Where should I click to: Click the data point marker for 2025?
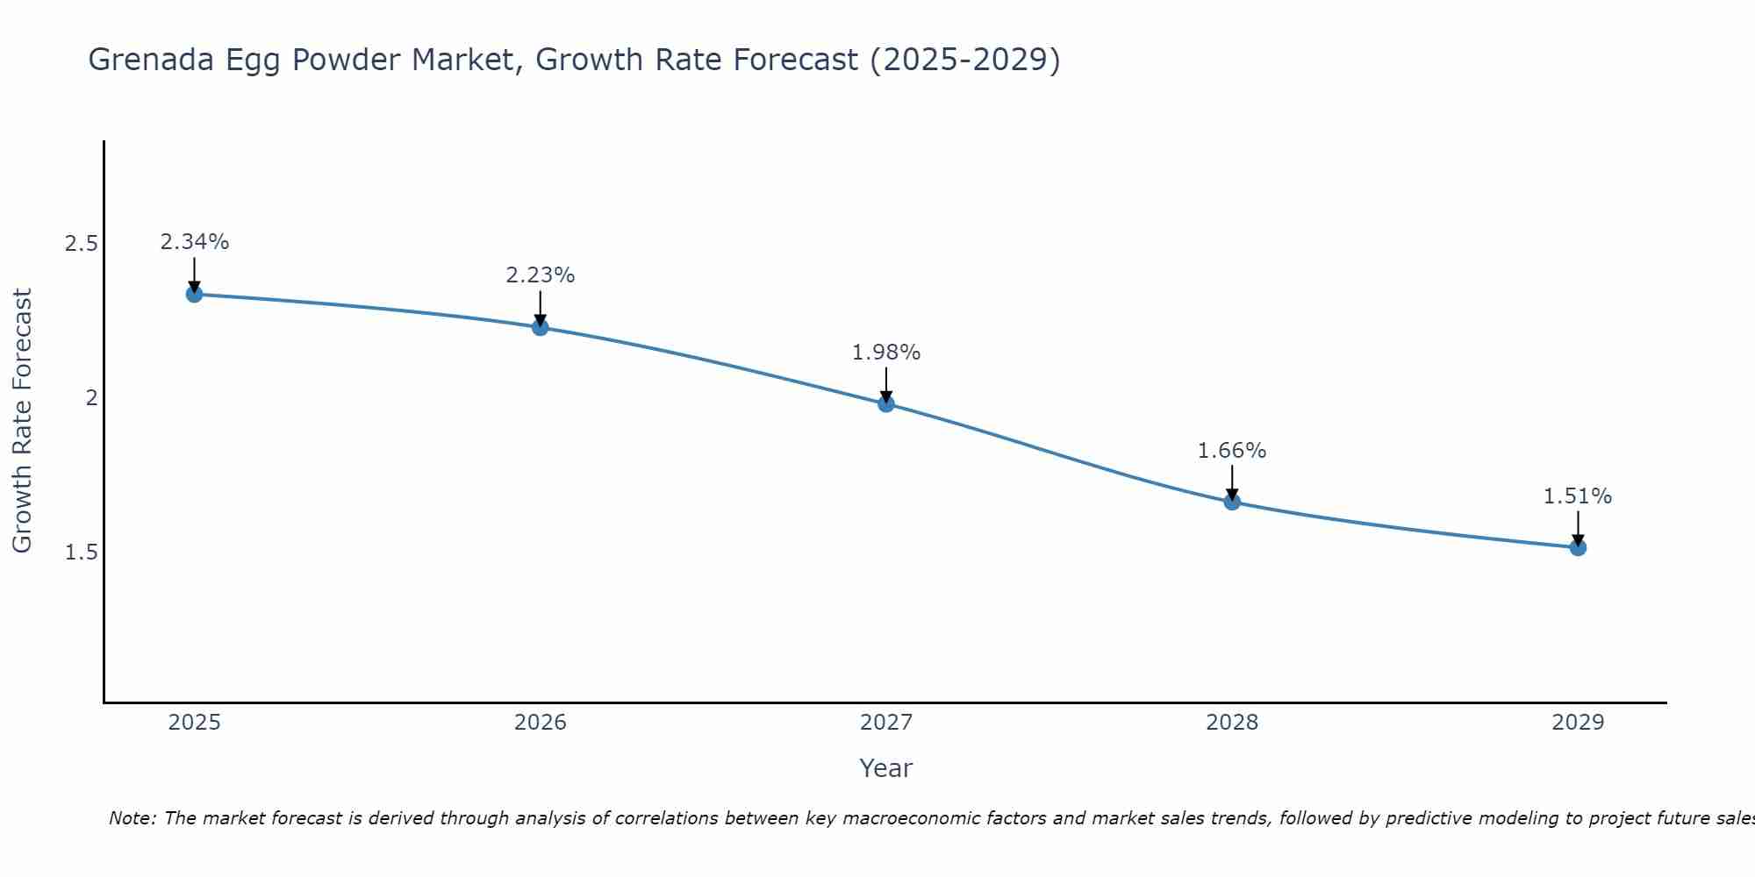tap(194, 294)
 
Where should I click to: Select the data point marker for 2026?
tap(541, 327)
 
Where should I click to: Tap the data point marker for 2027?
tap(886, 403)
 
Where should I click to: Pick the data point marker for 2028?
tap(1232, 502)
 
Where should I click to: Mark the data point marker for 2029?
tap(1578, 547)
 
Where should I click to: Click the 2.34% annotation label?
tap(194, 242)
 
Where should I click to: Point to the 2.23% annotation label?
tap(541, 275)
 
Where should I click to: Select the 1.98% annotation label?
tap(886, 353)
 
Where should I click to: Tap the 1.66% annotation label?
tap(1232, 451)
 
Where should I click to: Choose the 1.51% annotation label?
tap(1578, 496)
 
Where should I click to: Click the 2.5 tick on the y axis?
tap(81, 244)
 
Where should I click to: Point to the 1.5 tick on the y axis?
tap(81, 553)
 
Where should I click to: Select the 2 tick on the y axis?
tap(90, 398)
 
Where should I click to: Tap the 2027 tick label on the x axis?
tap(886, 723)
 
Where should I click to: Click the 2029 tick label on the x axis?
tap(1578, 723)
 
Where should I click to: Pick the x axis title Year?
tap(886, 768)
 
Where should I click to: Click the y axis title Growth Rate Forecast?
tap(22, 421)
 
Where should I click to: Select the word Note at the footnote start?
tap(132, 818)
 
